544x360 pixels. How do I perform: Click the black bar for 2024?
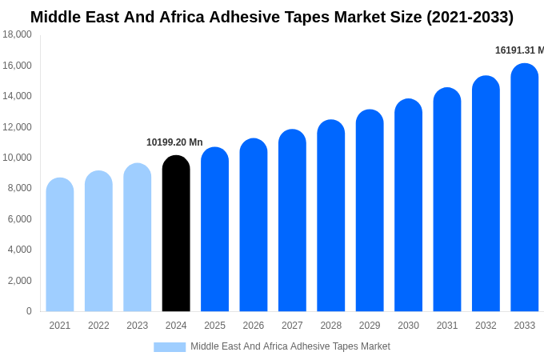[x=176, y=234]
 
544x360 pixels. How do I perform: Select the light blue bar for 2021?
[x=60, y=245]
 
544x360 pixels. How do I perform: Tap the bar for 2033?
[x=524, y=187]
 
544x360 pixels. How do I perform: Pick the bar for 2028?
[x=330, y=216]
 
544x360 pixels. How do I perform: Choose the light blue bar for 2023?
[x=138, y=238]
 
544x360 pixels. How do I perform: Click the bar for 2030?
[x=408, y=206]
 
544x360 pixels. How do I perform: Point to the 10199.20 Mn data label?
[x=174, y=142]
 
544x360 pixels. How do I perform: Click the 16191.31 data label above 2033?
[x=518, y=50]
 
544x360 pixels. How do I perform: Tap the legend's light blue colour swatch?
[x=170, y=346]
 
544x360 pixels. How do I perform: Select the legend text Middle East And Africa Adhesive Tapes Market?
[x=290, y=346]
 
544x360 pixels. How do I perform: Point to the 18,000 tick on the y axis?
[x=17, y=34]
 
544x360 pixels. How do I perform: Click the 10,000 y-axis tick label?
[x=17, y=158]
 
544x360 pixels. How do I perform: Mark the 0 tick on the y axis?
[x=29, y=311]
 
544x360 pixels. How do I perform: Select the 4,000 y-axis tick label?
[x=19, y=250]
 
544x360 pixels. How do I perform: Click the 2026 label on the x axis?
[x=254, y=326]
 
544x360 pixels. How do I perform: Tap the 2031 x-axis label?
[x=447, y=326]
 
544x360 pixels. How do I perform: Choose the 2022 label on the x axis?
[x=98, y=326]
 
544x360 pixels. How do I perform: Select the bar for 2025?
[x=214, y=230]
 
